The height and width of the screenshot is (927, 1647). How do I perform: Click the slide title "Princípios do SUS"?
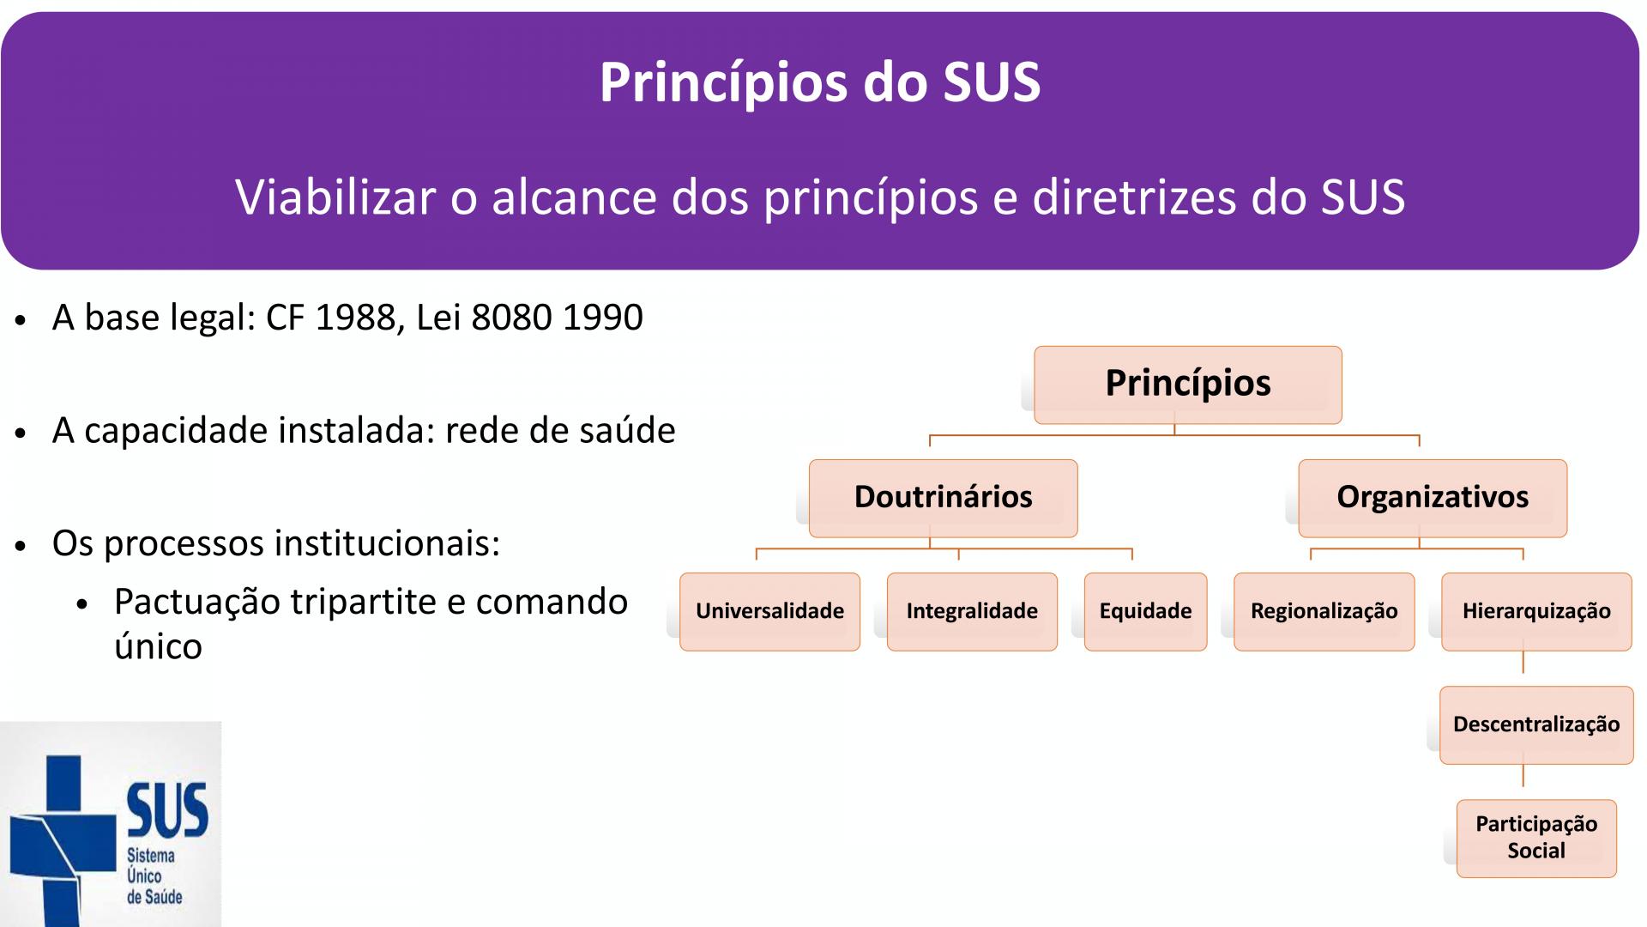pyautogui.click(x=820, y=83)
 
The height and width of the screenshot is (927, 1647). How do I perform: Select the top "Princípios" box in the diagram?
pyautogui.click(x=1188, y=385)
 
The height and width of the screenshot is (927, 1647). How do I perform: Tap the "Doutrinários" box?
pyautogui.click(x=943, y=498)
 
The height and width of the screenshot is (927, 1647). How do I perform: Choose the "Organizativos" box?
pyautogui.click(x=1433, y=498)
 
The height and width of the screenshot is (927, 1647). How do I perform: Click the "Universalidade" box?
pyautogui.click(x=769, y=611)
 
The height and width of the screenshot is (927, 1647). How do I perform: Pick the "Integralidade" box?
pyautogui.click(x=972, y=611)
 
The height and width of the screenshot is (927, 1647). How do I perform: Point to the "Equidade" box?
pyautogui.click(x=1145, y=611)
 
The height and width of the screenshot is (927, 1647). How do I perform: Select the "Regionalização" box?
pyautogui.click(x=1324, y=611)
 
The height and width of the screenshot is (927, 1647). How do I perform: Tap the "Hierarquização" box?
pyautogui.click(x=1536, y=611)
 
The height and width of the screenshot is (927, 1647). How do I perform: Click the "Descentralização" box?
pyautogui.click(x=1536, y=724)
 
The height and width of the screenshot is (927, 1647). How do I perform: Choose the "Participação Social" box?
pyautogui.click(x=1536, y=838)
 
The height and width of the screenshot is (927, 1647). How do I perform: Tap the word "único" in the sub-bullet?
pyautogui.click(x=158, y=647)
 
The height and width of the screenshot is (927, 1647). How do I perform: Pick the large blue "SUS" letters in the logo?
pyautogui.click(x=167, y=810)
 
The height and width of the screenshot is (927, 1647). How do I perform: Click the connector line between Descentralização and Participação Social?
pyautogui.click(x=1523, y=776)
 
